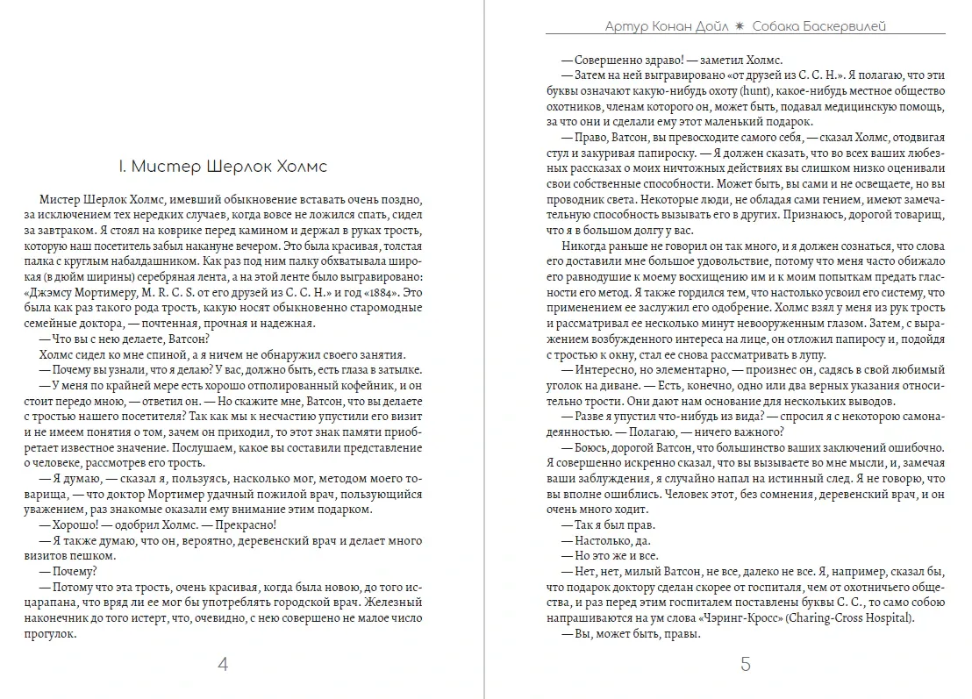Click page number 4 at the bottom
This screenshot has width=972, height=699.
(x=222, y=664)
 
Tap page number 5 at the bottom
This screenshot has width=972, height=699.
(x=746, y=664)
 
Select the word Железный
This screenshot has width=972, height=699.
(x=397, y=603)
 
